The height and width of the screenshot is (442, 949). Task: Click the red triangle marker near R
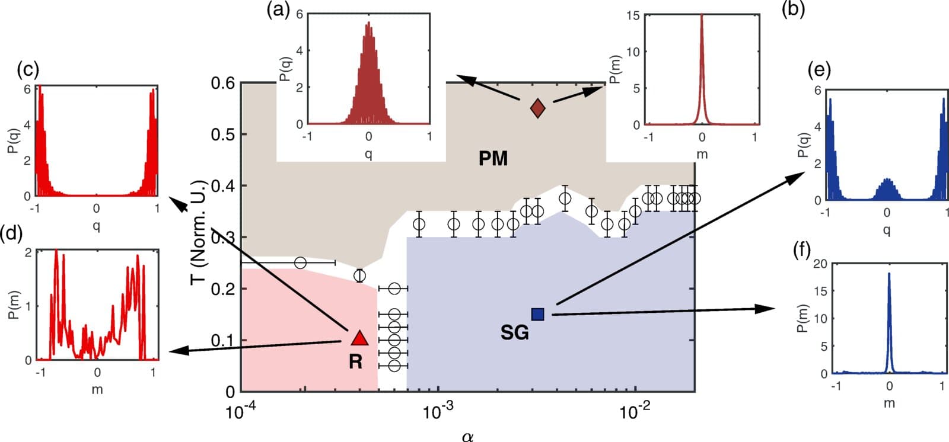point(360,338)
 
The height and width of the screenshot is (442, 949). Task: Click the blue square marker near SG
point(537,314)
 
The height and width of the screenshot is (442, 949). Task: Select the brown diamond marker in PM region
point(537,108)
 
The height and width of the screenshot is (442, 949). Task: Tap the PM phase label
point(493,159)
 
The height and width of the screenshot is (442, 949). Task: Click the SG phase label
point(514,333)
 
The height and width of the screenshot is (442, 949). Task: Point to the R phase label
point(355,361)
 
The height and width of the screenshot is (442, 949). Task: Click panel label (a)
point(278,9)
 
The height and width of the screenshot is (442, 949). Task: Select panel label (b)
point(793,9)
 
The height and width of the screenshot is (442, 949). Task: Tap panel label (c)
point(28,70)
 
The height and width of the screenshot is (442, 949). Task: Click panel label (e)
point(819,70)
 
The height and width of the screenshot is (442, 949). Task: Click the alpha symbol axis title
point(467,437)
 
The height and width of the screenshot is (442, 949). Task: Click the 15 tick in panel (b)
point(633,15)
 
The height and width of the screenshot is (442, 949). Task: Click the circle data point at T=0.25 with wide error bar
point(300,262)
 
